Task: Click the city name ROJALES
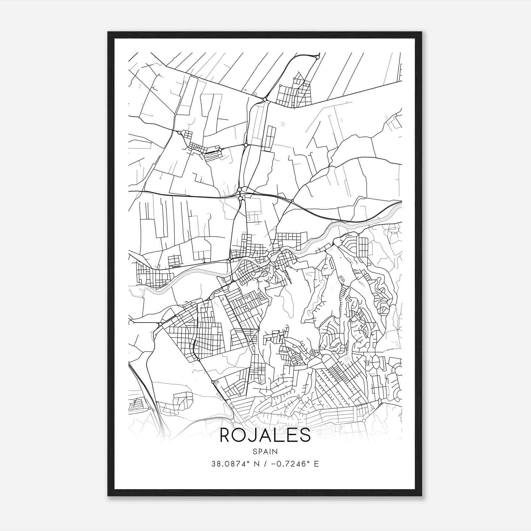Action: pos(265,435)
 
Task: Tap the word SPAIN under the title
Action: pos(265,451)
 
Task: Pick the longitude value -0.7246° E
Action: pos(295,464)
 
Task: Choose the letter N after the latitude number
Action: pos(256,464)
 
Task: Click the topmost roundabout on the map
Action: pos(318,57)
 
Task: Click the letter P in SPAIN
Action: pos(259,451)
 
